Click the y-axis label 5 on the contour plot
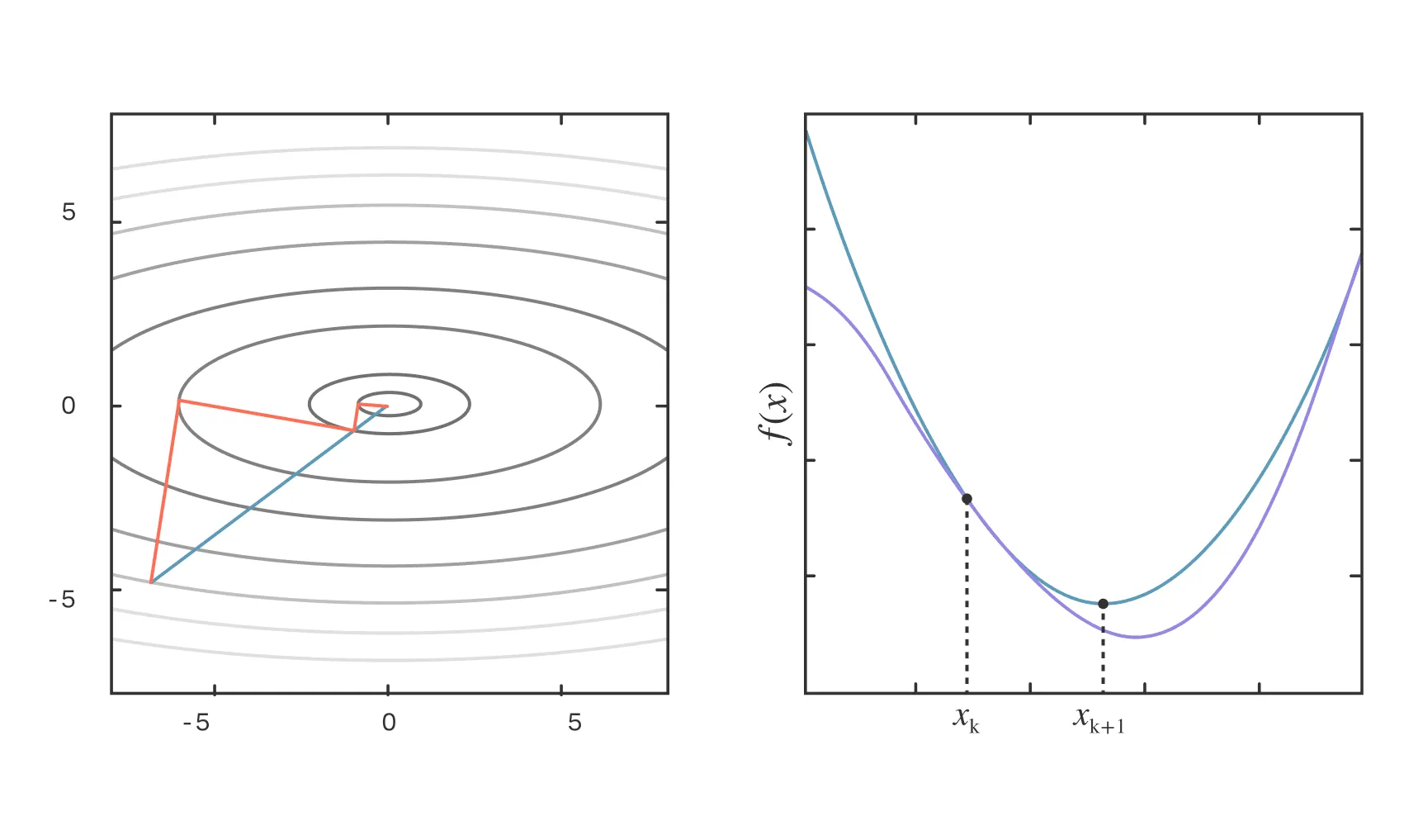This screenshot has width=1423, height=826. pos(69,212)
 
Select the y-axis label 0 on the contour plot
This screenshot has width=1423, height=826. pos(69,406)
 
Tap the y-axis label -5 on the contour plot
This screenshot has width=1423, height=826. pos(62,599)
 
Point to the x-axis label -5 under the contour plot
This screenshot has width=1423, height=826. pos(196,723)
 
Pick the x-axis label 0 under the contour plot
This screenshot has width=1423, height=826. pos(389,723)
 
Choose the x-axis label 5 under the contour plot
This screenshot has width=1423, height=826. pos(574,723)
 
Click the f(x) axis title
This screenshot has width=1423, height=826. pos(775,413)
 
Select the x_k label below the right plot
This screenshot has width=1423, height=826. pos(966,719)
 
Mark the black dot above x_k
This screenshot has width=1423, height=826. pos(967,499)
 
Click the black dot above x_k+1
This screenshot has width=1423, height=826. pos(1103,604)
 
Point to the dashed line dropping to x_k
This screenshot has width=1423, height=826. pos(967,595)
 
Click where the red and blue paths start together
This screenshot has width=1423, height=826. pos(151,582)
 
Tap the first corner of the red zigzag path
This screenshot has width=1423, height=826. pos(178,401)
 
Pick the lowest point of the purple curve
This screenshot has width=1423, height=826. pos(1136,637)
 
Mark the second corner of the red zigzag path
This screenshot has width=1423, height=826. pos(353,430)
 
